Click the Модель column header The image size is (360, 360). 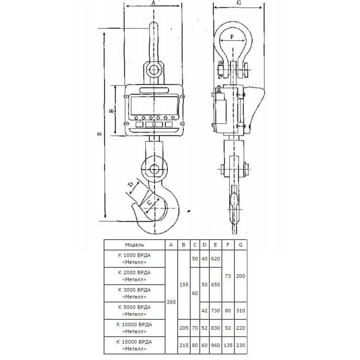(134, 245)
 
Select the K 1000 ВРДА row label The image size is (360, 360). (134, 259)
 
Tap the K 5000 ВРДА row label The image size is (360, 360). (134, 311)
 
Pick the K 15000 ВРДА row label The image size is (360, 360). (134, 345)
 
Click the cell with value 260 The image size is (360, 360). (171, 302)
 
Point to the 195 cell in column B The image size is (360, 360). (184, 285)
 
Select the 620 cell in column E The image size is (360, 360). (215, 259)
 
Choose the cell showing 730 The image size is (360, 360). (215, 311)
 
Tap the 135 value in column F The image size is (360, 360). (228, 345)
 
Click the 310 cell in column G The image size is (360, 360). (240, 311)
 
